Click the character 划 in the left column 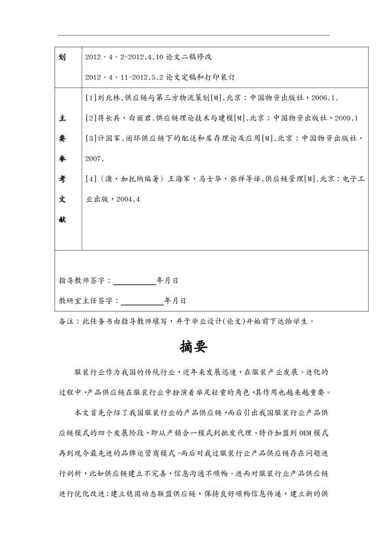pos(62,56)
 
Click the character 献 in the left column pos(62,219)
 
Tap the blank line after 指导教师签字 pos(134,280)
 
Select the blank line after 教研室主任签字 pos(141,301)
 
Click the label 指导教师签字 pos(83,280)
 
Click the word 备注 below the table pos(68,321)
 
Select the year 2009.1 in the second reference pos(346,118)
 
